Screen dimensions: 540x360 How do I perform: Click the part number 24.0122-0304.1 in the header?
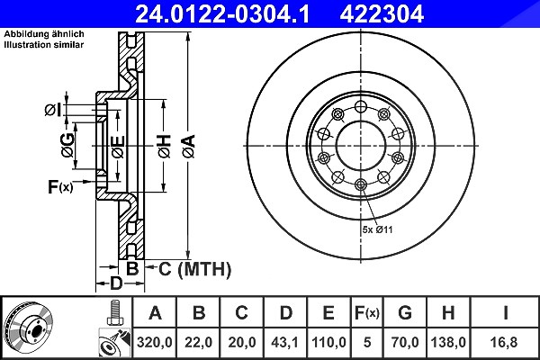coord(223,13)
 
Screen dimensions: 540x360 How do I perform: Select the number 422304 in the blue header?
coord(382,13)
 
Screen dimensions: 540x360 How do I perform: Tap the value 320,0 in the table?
coord(154,342)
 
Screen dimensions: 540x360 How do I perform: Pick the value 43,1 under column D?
coord(284,342)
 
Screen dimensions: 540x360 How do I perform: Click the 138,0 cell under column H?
coord(448,342)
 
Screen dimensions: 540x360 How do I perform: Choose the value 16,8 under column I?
coord(506,342)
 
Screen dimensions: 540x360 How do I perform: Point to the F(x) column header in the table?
coord(367,313)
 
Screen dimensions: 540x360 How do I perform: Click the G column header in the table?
coord(405,313)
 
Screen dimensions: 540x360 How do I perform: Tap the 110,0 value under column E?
coord(328,342)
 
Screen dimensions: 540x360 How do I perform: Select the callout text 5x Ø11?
coord(377,229)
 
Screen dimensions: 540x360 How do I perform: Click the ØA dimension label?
coord(189,147)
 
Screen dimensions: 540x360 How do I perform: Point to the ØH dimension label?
coord(165,147)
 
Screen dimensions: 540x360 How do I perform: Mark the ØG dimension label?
coord(67,145)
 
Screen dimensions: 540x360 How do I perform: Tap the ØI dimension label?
coord(53,110)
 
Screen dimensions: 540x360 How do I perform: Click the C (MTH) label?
coord(194,269)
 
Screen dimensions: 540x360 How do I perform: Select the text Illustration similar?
coord(44,45)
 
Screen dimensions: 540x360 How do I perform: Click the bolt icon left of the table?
coord(115,313)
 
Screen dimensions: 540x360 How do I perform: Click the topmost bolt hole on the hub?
coord(361,107)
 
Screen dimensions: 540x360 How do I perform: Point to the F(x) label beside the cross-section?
coord(60,187)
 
